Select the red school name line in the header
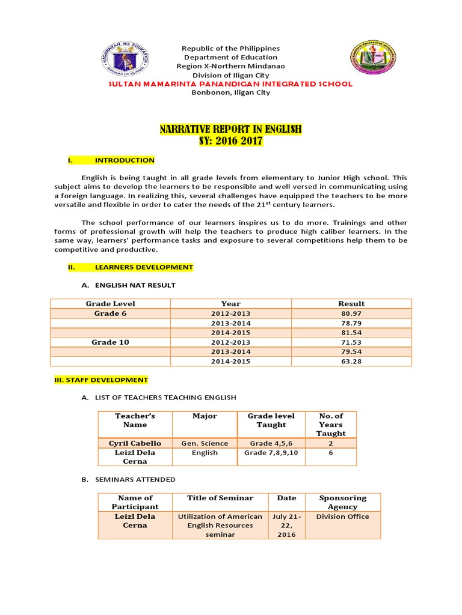(x=230, y=83)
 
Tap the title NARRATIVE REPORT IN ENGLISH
(x=230, y=129)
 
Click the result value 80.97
(x=351, y=314)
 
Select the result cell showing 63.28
(x=351, y=362)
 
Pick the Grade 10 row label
(x=110, y=342)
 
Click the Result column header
(x=351, y=303)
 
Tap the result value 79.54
(x=351, y=352)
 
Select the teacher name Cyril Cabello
(x=135, y=443)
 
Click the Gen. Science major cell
(x=205, y=443)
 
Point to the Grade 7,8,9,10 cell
(x=271, y=452)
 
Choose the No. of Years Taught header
(x=330, y=424)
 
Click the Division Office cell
(x=342, y=517)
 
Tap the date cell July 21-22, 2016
(x=286, y=526)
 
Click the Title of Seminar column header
(x=220, y=498)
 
